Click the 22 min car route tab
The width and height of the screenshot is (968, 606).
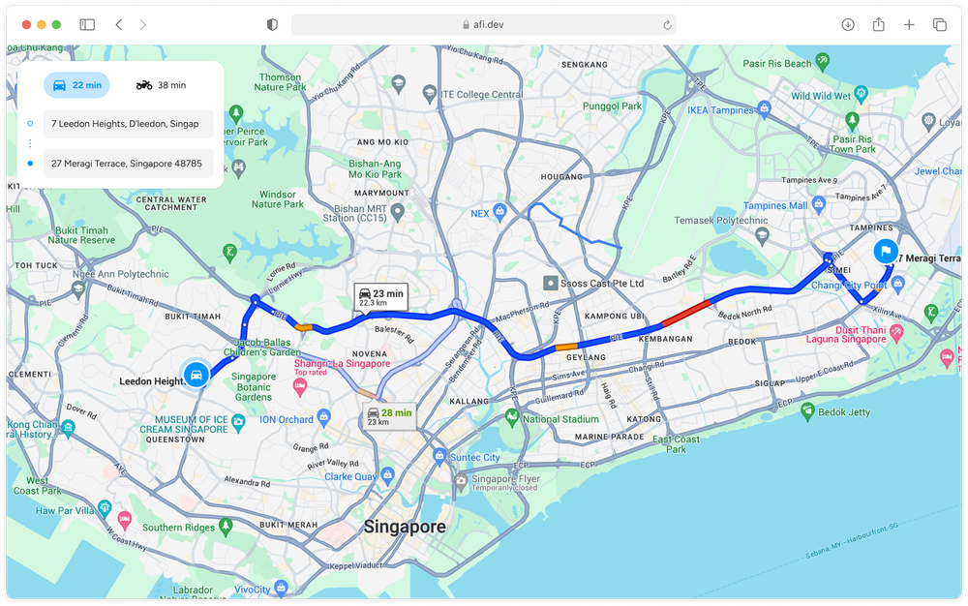coord(76,85)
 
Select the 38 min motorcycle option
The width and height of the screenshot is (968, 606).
coord(161,85)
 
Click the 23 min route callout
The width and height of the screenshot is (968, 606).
coord(380,297)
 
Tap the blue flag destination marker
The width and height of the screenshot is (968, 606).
coord(884,251)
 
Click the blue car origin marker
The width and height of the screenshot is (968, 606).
coord(196,375)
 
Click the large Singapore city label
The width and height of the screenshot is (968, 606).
coord(405,528)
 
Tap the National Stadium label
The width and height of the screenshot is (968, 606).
coord(560,419)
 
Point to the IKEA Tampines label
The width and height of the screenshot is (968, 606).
coord(720,110)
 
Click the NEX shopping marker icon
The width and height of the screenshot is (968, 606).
coord(499,211)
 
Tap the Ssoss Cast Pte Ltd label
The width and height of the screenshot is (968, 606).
coord(600,284)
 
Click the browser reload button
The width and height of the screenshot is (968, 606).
coord(667,25)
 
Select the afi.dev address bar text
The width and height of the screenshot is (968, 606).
coord(484,25)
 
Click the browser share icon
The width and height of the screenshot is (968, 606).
coord(878,25)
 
